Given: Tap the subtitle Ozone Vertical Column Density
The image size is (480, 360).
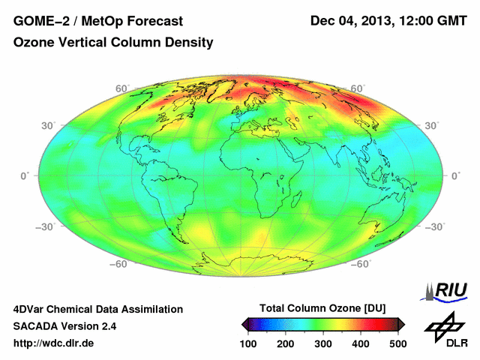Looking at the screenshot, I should [113, 43].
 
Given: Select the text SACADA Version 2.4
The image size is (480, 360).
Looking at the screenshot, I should [64, 326].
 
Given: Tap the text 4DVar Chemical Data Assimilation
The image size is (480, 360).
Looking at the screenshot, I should [97, 309].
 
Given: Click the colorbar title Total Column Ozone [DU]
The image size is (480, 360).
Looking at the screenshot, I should [322, 308].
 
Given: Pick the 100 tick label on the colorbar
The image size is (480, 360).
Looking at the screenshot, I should [248, 343].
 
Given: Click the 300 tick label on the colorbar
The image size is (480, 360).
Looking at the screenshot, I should [322, 343].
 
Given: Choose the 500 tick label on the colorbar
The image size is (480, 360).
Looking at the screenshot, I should [397, 343].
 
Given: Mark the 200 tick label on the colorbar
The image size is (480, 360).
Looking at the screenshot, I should [286, 343].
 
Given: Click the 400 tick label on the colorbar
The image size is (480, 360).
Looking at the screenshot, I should [360, 343].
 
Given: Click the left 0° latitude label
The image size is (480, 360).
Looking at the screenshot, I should [24, 175].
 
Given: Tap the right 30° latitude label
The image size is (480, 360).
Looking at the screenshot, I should [433, 125].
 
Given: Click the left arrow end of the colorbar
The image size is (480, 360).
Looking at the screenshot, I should [244, 324].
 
